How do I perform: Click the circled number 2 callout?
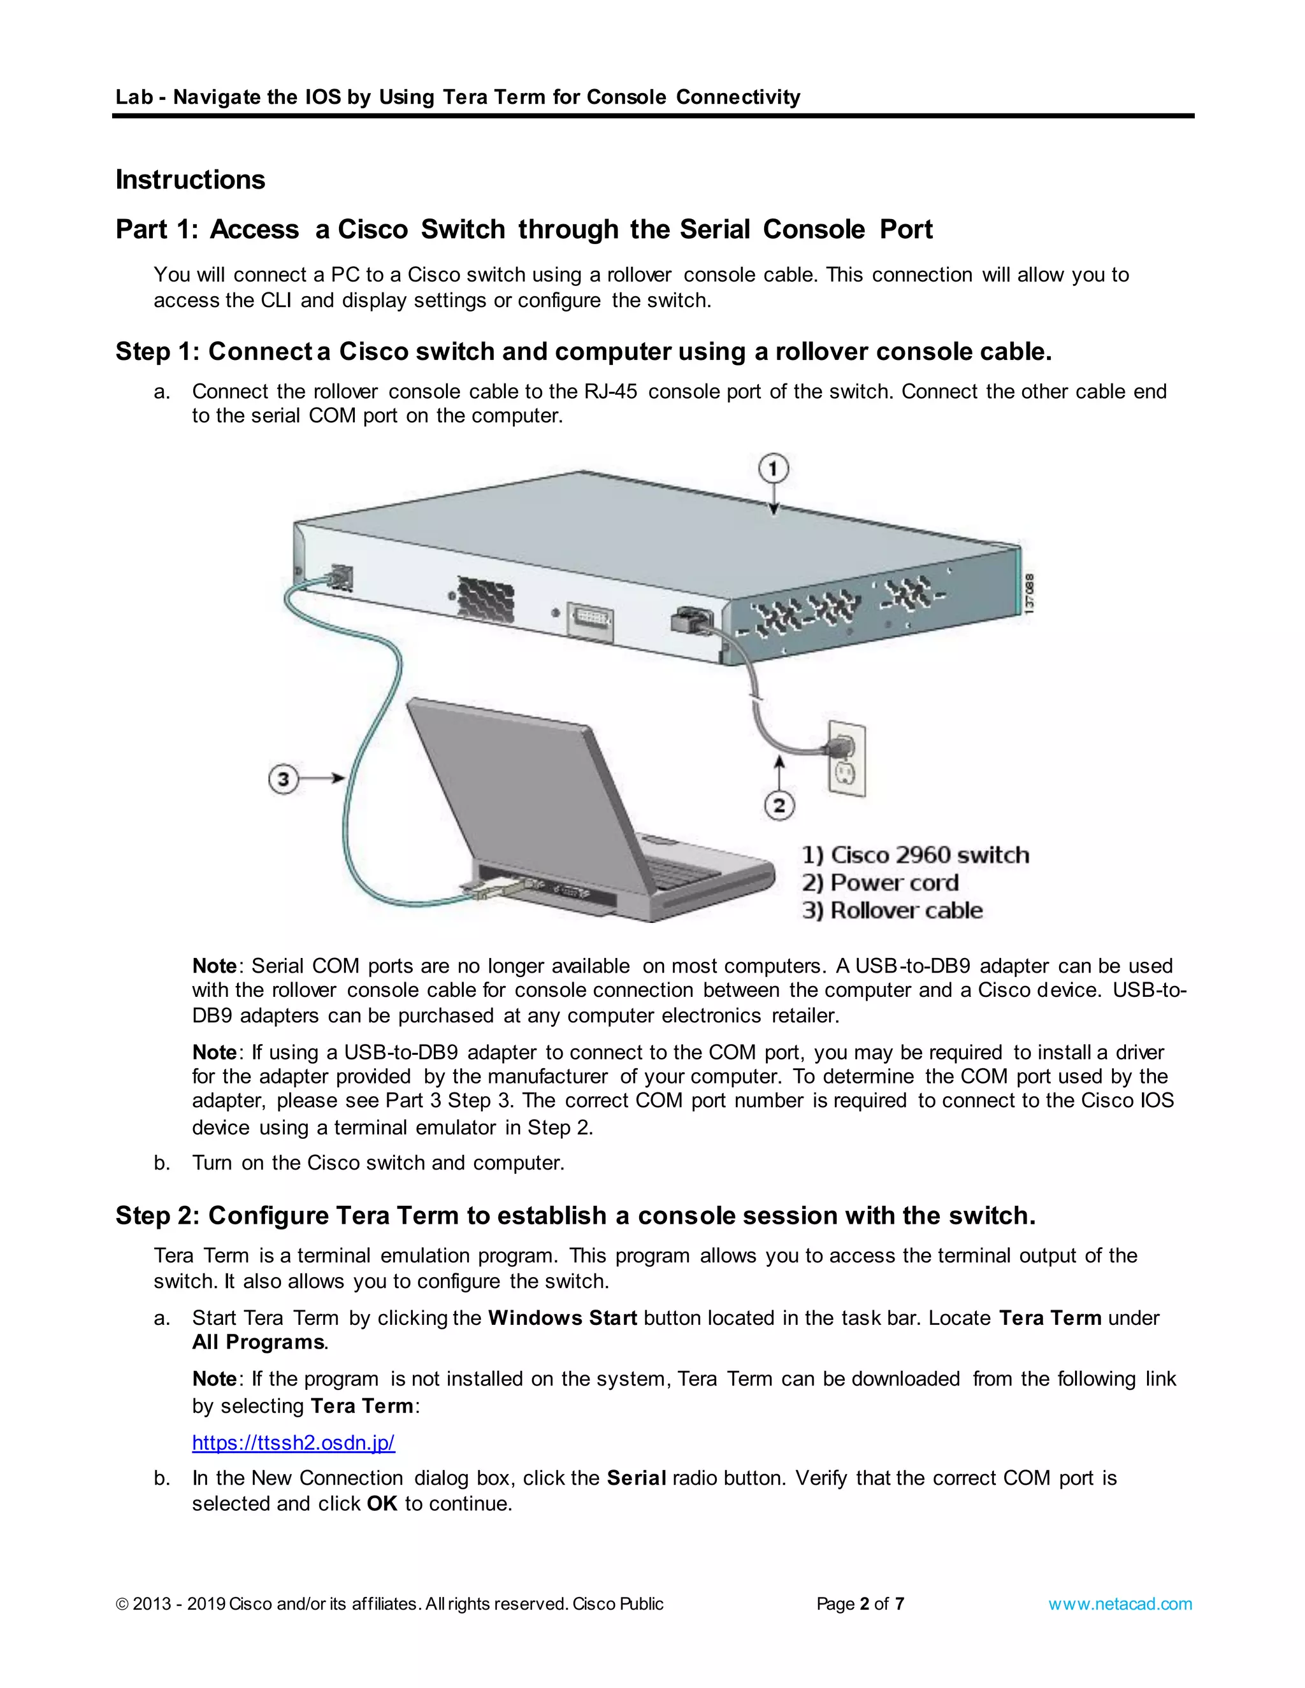(x=779, y=805)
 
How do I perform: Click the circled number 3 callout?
(x=284, y=778)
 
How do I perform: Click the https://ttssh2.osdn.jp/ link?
(x=293, y=1442)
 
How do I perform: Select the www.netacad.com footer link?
(x=1120, y=1604)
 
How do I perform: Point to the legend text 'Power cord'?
(x=894, y=883)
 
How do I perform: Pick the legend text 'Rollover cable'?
(x=906, y=910)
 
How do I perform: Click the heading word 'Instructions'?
(x=190, y=180)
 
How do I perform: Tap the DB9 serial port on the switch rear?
(x=591, y=620)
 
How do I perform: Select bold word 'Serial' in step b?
(x=637, y=1478)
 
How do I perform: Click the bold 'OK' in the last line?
(x=382, y=1503)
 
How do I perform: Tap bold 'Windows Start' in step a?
(x=562, y=1318)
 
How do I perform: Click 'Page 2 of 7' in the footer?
(x=860, y=1604)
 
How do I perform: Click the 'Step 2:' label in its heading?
(x=158, y=1216)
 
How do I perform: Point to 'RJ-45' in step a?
(x=610, y=391)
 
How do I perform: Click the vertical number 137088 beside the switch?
(x=1029, y=594)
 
